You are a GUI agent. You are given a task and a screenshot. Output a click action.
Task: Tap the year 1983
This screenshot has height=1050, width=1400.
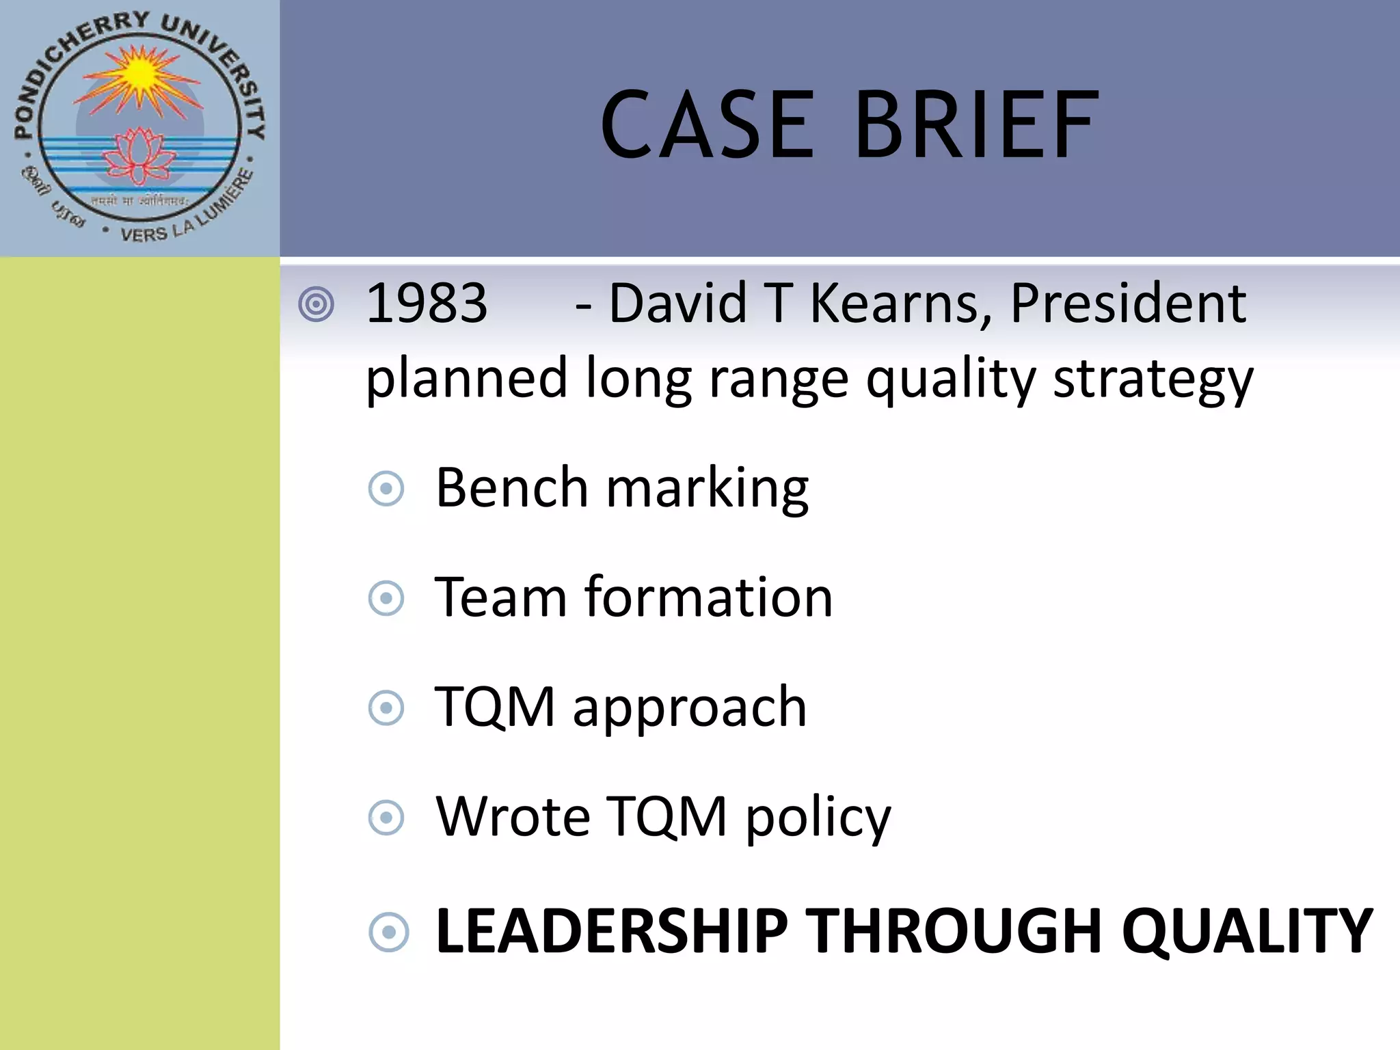click(427, 304)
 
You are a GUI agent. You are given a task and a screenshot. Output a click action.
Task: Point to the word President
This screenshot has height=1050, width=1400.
click(1128, 304)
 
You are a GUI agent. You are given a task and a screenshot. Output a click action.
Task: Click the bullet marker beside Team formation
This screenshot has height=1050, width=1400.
click(386, 599)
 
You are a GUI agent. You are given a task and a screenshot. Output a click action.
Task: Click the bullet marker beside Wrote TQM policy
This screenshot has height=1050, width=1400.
click(386, 818)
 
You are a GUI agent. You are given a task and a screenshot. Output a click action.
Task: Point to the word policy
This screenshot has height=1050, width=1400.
click(818, 818)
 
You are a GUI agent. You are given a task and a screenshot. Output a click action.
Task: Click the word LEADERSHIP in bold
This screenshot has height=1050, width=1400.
click(612, 931)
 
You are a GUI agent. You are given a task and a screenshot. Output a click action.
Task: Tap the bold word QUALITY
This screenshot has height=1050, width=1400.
click(1247, 931)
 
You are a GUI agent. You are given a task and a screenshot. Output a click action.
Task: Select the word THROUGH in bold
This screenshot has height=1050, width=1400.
click(955, 931)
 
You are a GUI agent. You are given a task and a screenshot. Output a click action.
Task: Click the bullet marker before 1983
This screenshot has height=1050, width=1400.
click(317, 305)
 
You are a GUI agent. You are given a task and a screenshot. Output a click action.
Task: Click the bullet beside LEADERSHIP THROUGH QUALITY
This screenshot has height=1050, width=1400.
click(388, 932)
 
